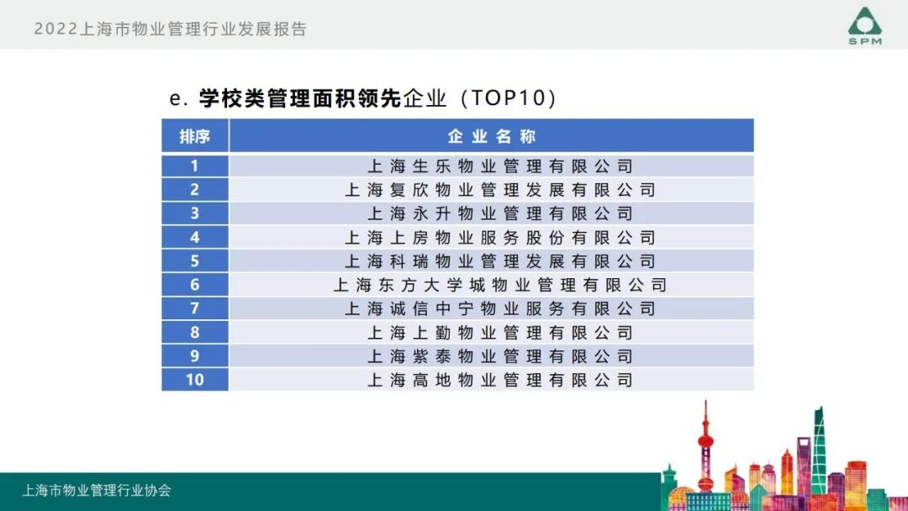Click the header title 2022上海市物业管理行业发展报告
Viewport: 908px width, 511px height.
pos(171,29)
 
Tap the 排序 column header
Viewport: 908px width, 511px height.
pos(194,136)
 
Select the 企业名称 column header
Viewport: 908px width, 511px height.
pos(491,136)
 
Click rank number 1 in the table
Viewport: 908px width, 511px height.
pos(194,166)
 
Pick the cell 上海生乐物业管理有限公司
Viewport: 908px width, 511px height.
pos(499,166)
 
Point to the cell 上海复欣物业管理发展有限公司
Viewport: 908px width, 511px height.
pos(499,190)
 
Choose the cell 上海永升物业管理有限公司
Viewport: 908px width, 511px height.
pos(499,213)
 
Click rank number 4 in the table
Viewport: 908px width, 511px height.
pos(194,238)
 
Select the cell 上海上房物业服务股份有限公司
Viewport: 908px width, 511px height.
pos(499,238)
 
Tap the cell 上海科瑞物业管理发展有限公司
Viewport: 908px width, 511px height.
pos(499,261)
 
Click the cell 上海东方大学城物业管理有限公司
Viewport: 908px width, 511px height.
pos(499,285)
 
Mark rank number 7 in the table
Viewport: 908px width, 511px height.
pos(194,308)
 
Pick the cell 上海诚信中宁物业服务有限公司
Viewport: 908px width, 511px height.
pos(499,308)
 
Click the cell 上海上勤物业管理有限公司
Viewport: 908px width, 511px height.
pos(499,333)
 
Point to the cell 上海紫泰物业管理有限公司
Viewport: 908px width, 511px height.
pos(499,356)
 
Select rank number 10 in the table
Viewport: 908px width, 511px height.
pos(194,380)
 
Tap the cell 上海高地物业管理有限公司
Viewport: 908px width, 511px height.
pos(499,380)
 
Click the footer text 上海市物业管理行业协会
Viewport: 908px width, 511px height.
pos(97,491)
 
